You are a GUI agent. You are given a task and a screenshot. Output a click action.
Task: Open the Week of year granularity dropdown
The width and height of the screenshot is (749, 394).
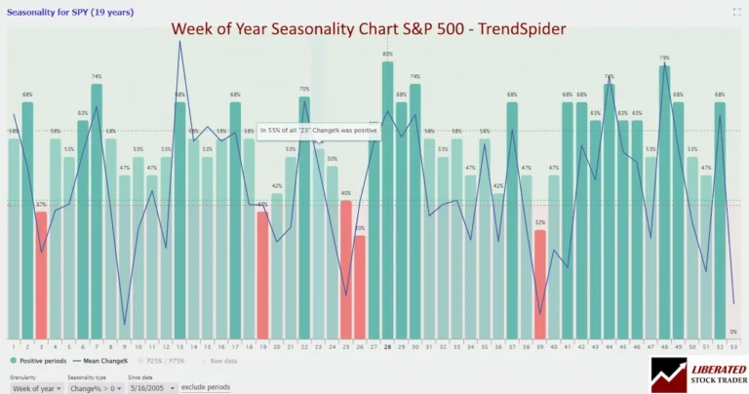(36, 387)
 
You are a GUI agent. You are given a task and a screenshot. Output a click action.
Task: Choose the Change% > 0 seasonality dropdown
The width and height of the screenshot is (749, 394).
(93, 387)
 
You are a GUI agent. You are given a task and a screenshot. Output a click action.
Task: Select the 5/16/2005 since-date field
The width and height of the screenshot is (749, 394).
(146, 387)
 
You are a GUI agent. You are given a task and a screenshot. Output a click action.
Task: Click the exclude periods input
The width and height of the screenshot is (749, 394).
(206, 387)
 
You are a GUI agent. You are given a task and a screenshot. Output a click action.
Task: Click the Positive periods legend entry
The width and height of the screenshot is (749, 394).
(39, 361)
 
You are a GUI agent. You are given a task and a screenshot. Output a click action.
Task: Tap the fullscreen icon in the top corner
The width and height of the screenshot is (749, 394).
(737, 12)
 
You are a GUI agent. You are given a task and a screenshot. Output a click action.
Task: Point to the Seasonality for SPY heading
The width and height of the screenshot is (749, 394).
(58, 12)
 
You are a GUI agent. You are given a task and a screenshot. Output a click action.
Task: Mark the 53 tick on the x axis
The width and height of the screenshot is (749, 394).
(733, 345)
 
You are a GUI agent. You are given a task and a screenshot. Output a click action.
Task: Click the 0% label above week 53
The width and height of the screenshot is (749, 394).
(733, 332)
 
